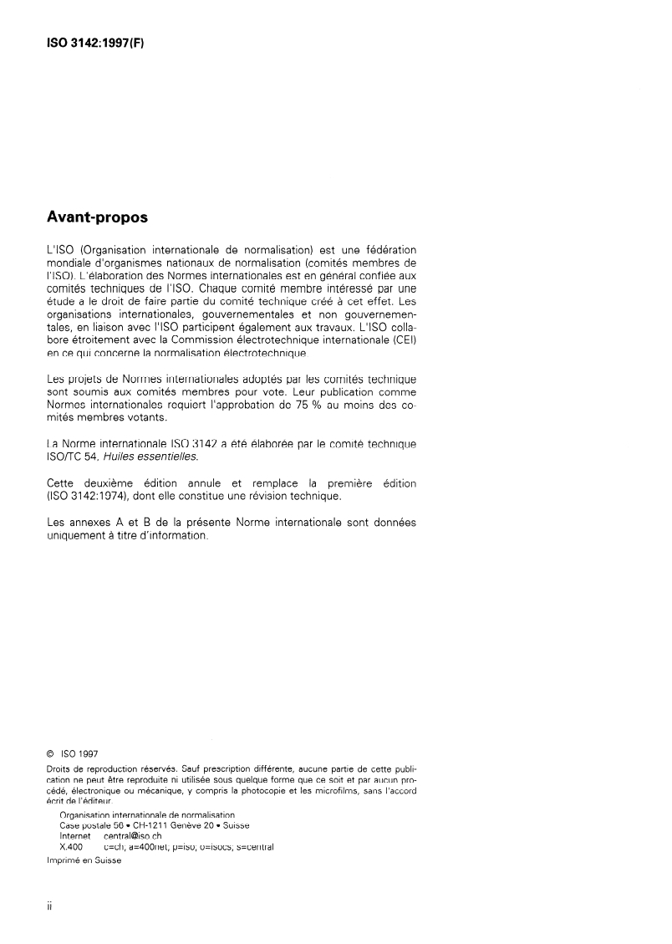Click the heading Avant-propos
coord(98,218)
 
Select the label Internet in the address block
coord(76,834)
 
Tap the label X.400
coord(73,845)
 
